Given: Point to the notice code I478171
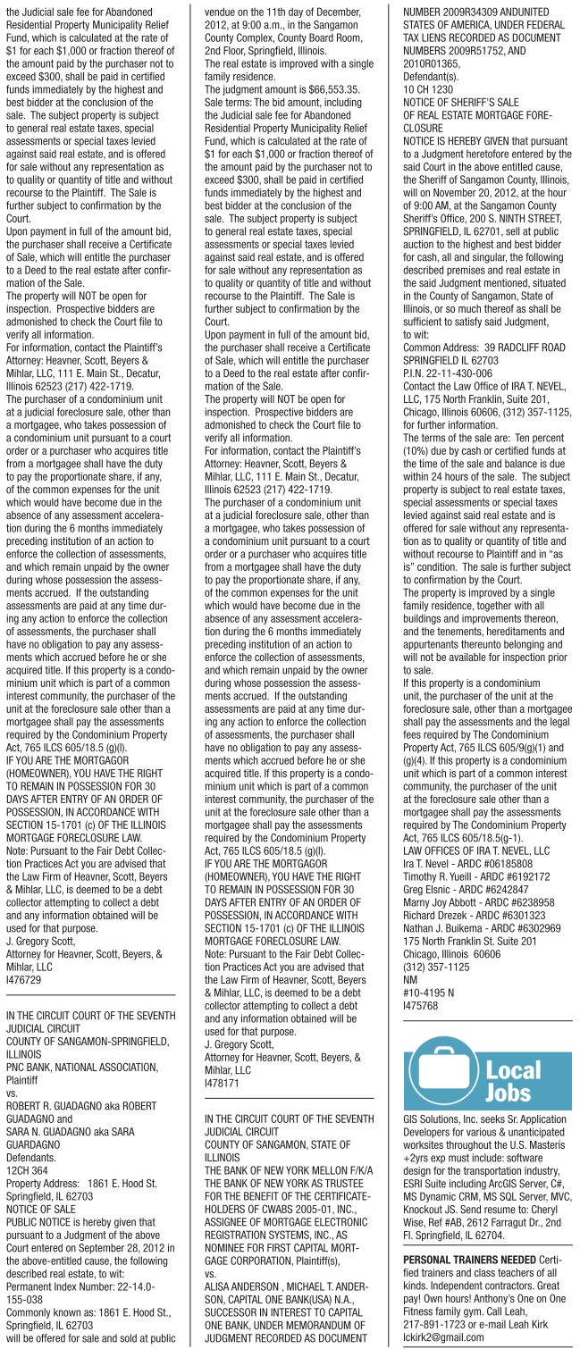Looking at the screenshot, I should (x=223, y=1083).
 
